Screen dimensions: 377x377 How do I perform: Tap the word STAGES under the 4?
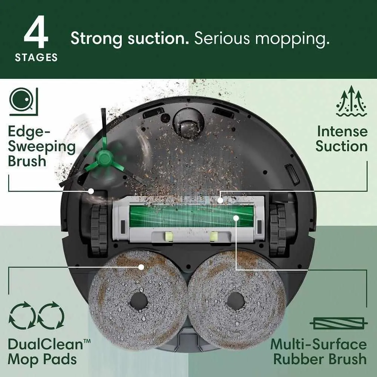point(36,57)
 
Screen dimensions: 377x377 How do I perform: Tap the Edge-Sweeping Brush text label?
point(41,146)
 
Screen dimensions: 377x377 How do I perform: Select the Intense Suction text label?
point(341,139)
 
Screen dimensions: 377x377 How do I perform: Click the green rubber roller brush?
point(190,216)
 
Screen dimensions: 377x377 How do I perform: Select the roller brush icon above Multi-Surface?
point(339,323)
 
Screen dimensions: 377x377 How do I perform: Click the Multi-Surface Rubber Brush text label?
point(319,351)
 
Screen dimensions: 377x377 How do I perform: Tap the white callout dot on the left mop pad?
point(141,267)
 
